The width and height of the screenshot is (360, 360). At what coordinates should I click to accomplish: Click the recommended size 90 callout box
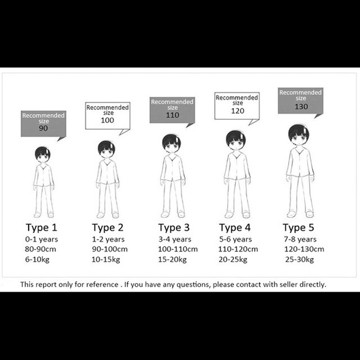tap(43, 124)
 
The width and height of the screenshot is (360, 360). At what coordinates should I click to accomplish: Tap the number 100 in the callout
tap(107, 120)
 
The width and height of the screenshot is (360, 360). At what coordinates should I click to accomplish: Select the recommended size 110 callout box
tap(172, 110)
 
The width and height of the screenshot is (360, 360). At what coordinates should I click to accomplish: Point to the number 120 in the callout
tap(237, 111)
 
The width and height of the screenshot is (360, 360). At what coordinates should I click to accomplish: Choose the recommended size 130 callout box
tap(300, 101)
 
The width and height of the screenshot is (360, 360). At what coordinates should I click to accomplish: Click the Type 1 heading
tap(42, 228)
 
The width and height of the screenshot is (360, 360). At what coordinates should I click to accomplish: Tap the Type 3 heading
tap(174, 228)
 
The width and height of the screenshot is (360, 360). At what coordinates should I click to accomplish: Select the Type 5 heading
tap(298, 228)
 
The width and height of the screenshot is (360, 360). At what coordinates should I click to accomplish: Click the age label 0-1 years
tap(42, 240)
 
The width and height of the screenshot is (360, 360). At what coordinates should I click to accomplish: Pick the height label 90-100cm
tap(110, 249)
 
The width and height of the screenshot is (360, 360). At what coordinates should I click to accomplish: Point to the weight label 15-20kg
tap(172, 259)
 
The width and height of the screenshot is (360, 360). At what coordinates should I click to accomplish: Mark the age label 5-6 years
tap(235, 240)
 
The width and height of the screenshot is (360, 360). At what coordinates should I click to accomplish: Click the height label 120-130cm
tap(304, 249)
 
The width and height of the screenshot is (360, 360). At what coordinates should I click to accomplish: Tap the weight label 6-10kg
tap(37, 259)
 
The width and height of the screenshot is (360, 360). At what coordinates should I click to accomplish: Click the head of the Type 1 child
tap(42, 155)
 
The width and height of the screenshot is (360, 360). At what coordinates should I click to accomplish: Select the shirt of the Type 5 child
tap(300, 163)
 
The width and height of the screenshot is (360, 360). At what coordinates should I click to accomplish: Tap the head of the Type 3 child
tap(171, 143)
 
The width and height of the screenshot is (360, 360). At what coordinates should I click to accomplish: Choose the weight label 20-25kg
tap(233, 259)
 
